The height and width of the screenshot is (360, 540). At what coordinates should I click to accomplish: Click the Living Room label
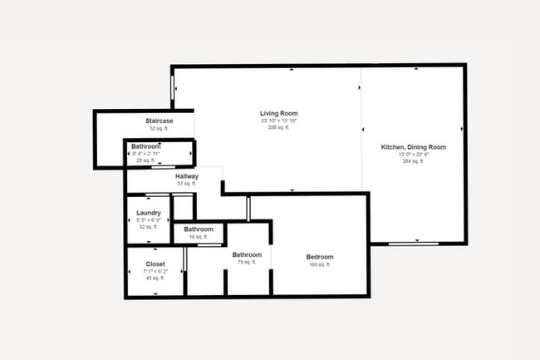[278, 113]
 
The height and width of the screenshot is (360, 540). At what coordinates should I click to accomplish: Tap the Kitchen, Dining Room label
[413, 147]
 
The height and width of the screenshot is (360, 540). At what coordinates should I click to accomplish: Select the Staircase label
[159, 121]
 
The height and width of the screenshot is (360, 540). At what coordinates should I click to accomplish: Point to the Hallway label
[187, 176]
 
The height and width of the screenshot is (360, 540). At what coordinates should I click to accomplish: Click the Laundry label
[149, 213]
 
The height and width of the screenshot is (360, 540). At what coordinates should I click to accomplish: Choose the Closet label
[155, 264]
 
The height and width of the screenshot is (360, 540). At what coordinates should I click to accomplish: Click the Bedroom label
[320, 257]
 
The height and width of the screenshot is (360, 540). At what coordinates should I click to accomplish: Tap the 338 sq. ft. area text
[278, 128]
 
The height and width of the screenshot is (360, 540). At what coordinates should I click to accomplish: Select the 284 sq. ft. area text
[413, 161]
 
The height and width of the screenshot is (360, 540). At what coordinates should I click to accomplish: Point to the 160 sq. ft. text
[320, 265]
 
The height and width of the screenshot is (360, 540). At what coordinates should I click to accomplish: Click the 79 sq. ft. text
[247, 262]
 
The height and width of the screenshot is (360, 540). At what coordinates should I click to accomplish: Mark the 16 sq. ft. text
[199, 237]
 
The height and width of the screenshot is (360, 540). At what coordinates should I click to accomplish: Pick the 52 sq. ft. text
[159, 129]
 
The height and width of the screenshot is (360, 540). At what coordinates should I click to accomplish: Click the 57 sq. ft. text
[187, 184]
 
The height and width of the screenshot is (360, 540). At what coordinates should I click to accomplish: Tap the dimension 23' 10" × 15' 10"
[278, 121]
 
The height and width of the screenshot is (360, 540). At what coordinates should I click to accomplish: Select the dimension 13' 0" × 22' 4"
[413, 155]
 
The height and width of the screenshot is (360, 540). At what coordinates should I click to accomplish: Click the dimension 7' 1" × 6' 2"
[155, 271]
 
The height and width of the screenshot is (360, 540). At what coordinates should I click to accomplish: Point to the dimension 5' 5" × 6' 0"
[149, 220]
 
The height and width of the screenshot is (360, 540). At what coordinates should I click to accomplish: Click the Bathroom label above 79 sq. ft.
[247, 254]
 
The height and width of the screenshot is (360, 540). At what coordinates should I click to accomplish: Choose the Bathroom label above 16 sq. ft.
[199, 229]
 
